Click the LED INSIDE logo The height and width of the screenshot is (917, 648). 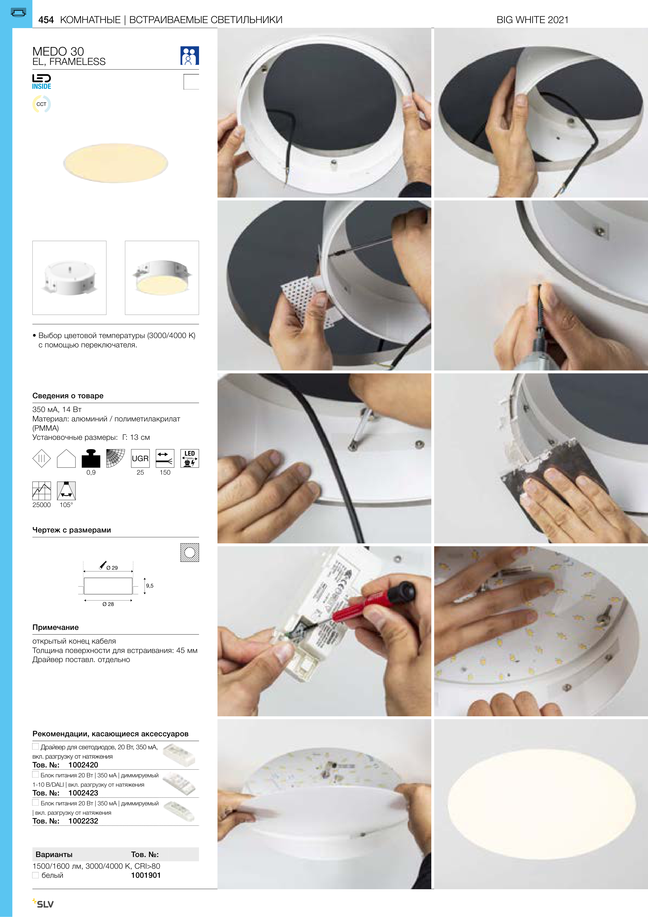pos(42,82)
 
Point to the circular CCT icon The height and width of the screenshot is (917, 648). pos(42,104)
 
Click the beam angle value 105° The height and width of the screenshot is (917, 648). pos(66,505)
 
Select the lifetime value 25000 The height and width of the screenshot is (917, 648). pos(42,505)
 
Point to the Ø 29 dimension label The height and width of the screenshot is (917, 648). pos(112,568)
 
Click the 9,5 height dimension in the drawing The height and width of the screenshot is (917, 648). pos(150,585)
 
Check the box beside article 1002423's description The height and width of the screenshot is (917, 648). pos(36,774)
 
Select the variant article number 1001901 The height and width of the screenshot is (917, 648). pos(146,875)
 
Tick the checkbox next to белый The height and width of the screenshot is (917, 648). pos(36,875)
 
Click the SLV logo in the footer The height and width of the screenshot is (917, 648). pos(43,903)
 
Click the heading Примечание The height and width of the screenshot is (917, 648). pos(56,627)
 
